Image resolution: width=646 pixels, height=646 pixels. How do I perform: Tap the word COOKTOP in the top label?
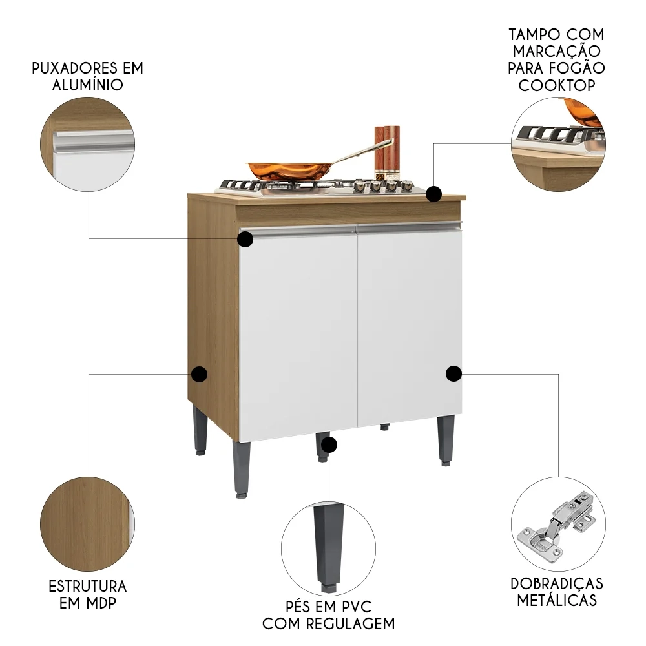[x=556, y=85]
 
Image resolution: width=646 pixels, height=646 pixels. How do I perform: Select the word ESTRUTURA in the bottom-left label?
[x=88, y=587]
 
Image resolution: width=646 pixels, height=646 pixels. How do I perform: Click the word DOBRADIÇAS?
[x=556, y=584]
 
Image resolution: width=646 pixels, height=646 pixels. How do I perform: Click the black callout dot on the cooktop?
[x=434, y=193]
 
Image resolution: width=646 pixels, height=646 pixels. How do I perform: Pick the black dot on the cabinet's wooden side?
[x=199, y=373]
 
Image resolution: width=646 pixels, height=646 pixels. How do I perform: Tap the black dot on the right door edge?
[x=453, y=373]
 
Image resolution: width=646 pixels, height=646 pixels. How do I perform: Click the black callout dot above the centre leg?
[x=329, y=444]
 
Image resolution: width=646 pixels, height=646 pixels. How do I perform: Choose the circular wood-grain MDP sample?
[x=87, y=524]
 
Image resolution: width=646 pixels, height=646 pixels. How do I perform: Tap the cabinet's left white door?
[x=298, y=333]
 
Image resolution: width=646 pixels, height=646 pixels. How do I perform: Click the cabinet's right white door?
[x=408, y=326]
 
